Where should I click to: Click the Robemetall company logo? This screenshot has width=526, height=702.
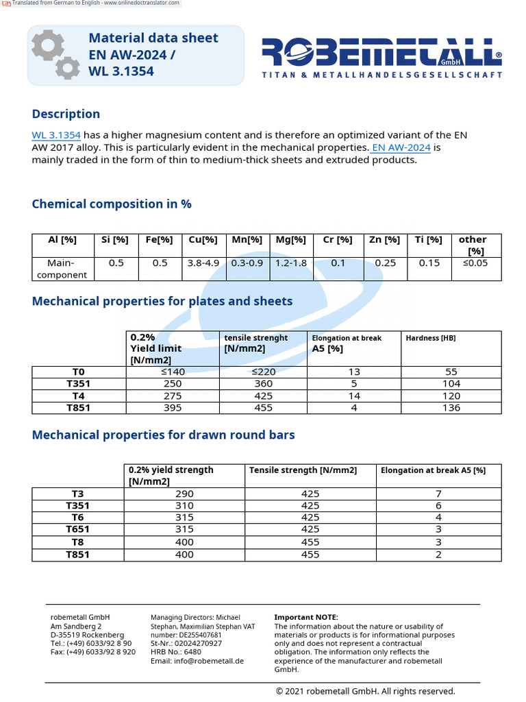(x=381, y=57)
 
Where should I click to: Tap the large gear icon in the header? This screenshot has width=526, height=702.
(x=47, y=45)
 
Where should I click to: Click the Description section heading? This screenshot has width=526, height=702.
(x=66, y=114)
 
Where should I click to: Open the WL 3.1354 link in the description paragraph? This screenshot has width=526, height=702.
(x=56, y=135)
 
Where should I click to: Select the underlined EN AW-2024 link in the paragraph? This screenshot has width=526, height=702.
(x=401, y=147)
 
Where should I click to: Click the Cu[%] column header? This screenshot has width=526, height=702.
(x=203, y=239)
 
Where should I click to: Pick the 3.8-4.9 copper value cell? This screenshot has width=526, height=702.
(x=203, y=263)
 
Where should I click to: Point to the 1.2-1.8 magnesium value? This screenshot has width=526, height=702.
(x=291, y=263)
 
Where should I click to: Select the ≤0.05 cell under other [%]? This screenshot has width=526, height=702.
(x=476, y=263)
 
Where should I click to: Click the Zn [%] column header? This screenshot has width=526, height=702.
(x=385, y=239)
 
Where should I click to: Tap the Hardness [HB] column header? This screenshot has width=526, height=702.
(x=430, y=338)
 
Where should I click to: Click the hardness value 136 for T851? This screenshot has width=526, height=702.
(x=451, y=408)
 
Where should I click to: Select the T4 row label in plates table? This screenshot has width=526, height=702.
(x=78, y=396)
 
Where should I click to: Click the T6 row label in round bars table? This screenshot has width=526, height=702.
(x=78, y=518)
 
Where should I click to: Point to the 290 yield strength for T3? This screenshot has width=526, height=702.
(x=184, y=494)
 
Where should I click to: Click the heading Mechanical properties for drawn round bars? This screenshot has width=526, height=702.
(x=164, y=435)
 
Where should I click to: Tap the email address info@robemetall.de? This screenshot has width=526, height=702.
(x=197, y=661)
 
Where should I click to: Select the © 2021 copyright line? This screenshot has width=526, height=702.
(x=365, y=691)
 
